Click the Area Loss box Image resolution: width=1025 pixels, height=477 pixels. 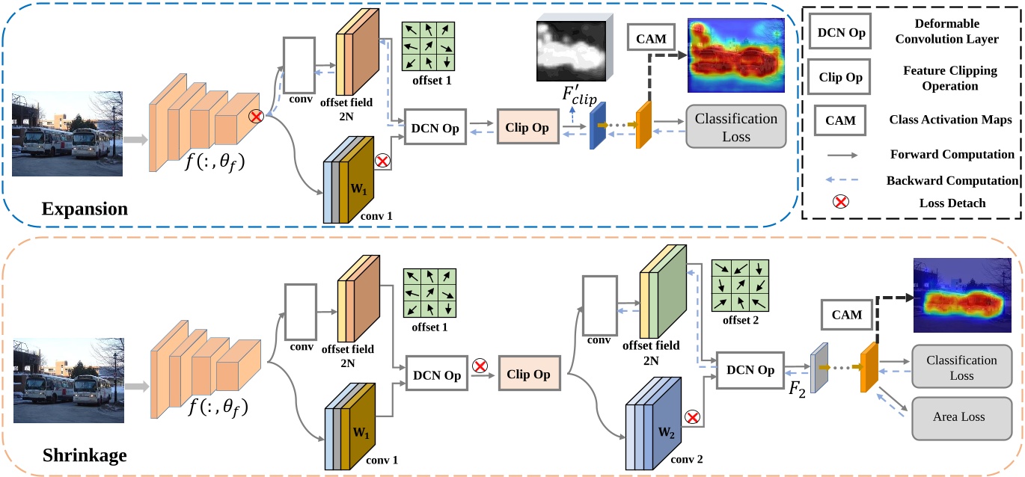coord(961,417)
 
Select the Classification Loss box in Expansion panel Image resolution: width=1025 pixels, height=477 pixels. coord(736,128)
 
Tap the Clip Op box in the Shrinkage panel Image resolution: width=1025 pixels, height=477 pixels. coord(528,375)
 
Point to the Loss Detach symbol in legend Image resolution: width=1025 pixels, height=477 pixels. coord(841,201)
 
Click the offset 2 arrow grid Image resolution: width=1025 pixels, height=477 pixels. coord(739,285)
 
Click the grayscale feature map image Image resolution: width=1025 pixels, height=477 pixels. coord(570,49)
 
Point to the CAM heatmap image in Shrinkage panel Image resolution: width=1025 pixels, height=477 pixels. coord(961,295)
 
